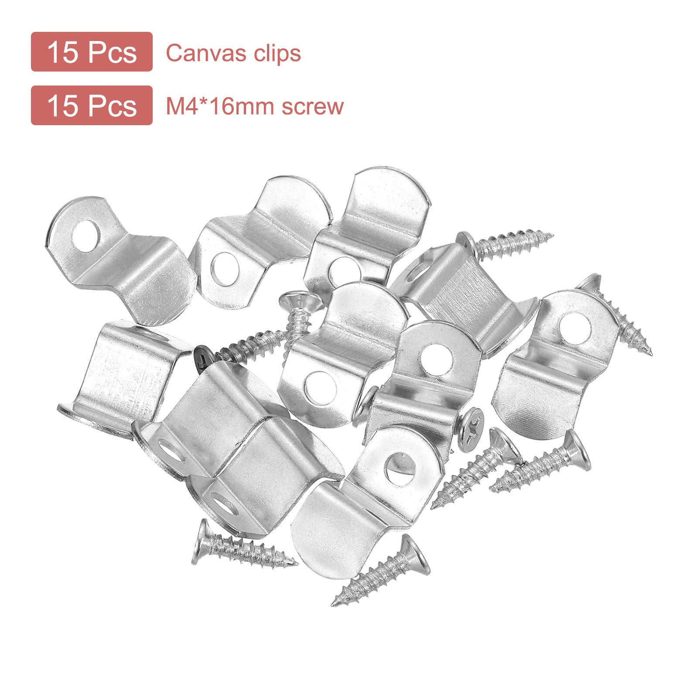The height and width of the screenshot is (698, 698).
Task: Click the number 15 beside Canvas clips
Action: point(63,52)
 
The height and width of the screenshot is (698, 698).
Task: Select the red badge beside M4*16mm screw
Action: point(92,106)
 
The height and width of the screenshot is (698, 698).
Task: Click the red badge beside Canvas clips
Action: point(92,51)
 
